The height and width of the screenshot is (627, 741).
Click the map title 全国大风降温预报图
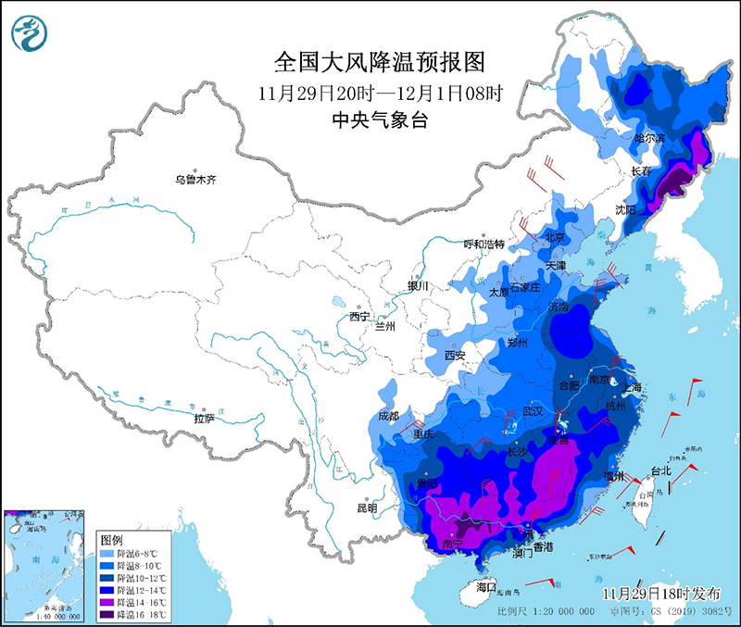tap(380, 62)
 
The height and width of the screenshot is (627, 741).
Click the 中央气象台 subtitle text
tap(380, 120)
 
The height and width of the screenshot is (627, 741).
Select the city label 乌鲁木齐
tap(197, 180)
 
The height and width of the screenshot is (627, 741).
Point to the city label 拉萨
tap(205, 419)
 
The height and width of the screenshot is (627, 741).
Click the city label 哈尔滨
tap(648, 138)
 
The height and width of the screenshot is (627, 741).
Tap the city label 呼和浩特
tap(484, 244)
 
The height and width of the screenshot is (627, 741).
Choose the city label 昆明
tap(367, 508)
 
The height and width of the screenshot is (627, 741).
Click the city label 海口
tap(488, 588)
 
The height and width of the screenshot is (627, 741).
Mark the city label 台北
tap(660, 470)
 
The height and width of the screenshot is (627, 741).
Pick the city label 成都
tap(388, 416)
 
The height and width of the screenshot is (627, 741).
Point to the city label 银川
tap(419, 286)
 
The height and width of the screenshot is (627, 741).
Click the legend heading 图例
tap(112, 539)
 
